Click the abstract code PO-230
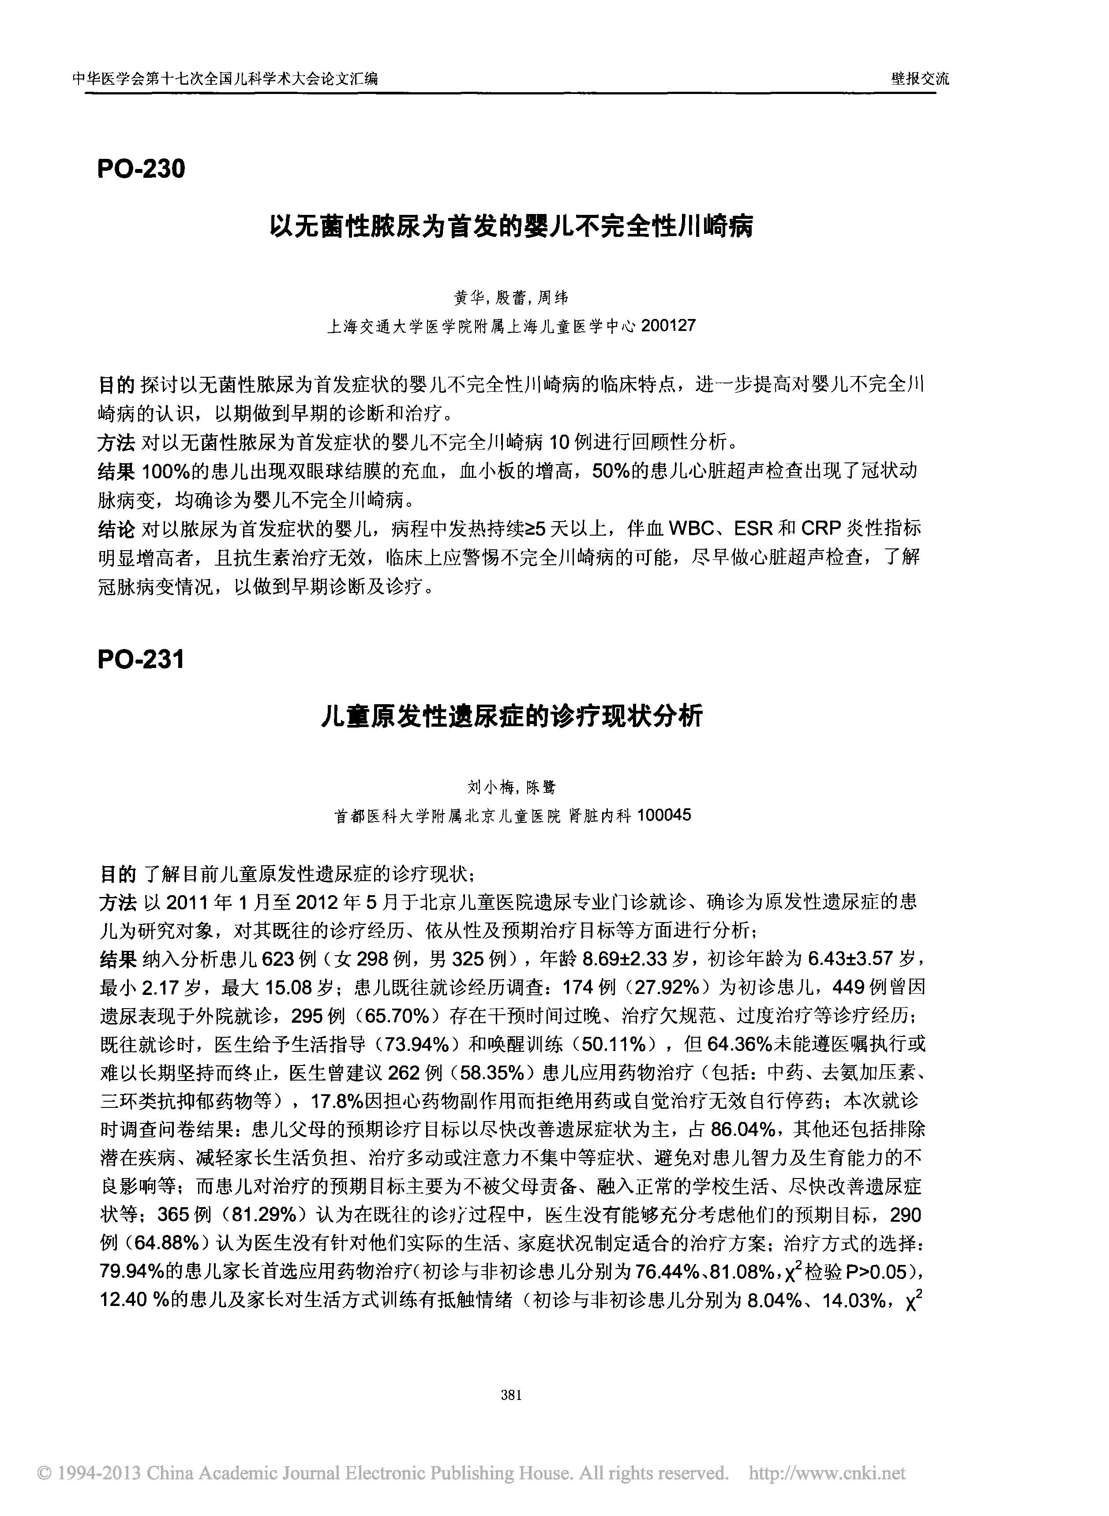[x=141, y=169]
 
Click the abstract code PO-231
[x=141, y=660]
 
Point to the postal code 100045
[x=664, y=816]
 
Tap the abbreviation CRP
[x=821, y=529]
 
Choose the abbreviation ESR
[x=754, y=529]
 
